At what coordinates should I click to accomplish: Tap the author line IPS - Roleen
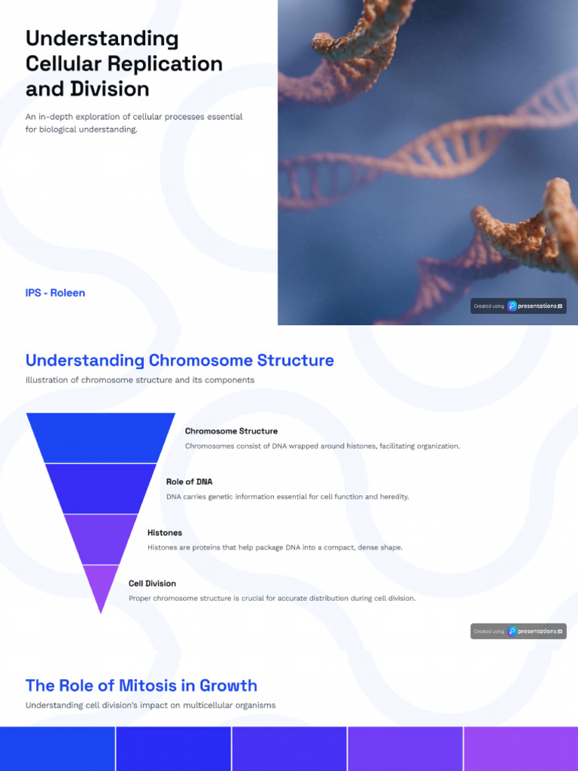tap(55, 293)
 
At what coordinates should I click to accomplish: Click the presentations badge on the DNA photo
tap(519, 306)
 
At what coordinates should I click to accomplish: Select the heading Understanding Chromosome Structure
tap(180, 361)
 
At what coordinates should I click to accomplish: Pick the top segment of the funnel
tap(101, 437)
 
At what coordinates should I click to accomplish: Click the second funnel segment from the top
tap(101, 489)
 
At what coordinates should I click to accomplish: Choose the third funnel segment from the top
tap(101, 539)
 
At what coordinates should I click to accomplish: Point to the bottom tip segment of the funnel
tap(101, 586)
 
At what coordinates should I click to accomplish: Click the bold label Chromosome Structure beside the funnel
tap(231, 431)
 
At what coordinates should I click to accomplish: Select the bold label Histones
tap(165, 533)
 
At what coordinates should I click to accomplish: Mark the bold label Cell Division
tap(152, 584)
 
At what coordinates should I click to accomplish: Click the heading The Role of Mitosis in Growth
tap(141, 686)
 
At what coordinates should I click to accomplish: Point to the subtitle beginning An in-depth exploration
tap(134, 123)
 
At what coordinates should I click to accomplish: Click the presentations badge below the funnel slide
tap(519, 631)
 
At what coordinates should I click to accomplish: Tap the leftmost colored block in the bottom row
tap(57, 748)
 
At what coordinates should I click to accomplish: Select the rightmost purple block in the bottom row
tap(521, 748)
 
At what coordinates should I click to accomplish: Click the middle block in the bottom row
tap(289, 748)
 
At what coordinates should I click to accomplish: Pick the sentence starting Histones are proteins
tap(275, 547)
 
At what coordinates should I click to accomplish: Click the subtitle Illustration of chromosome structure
tap(140, 380)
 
